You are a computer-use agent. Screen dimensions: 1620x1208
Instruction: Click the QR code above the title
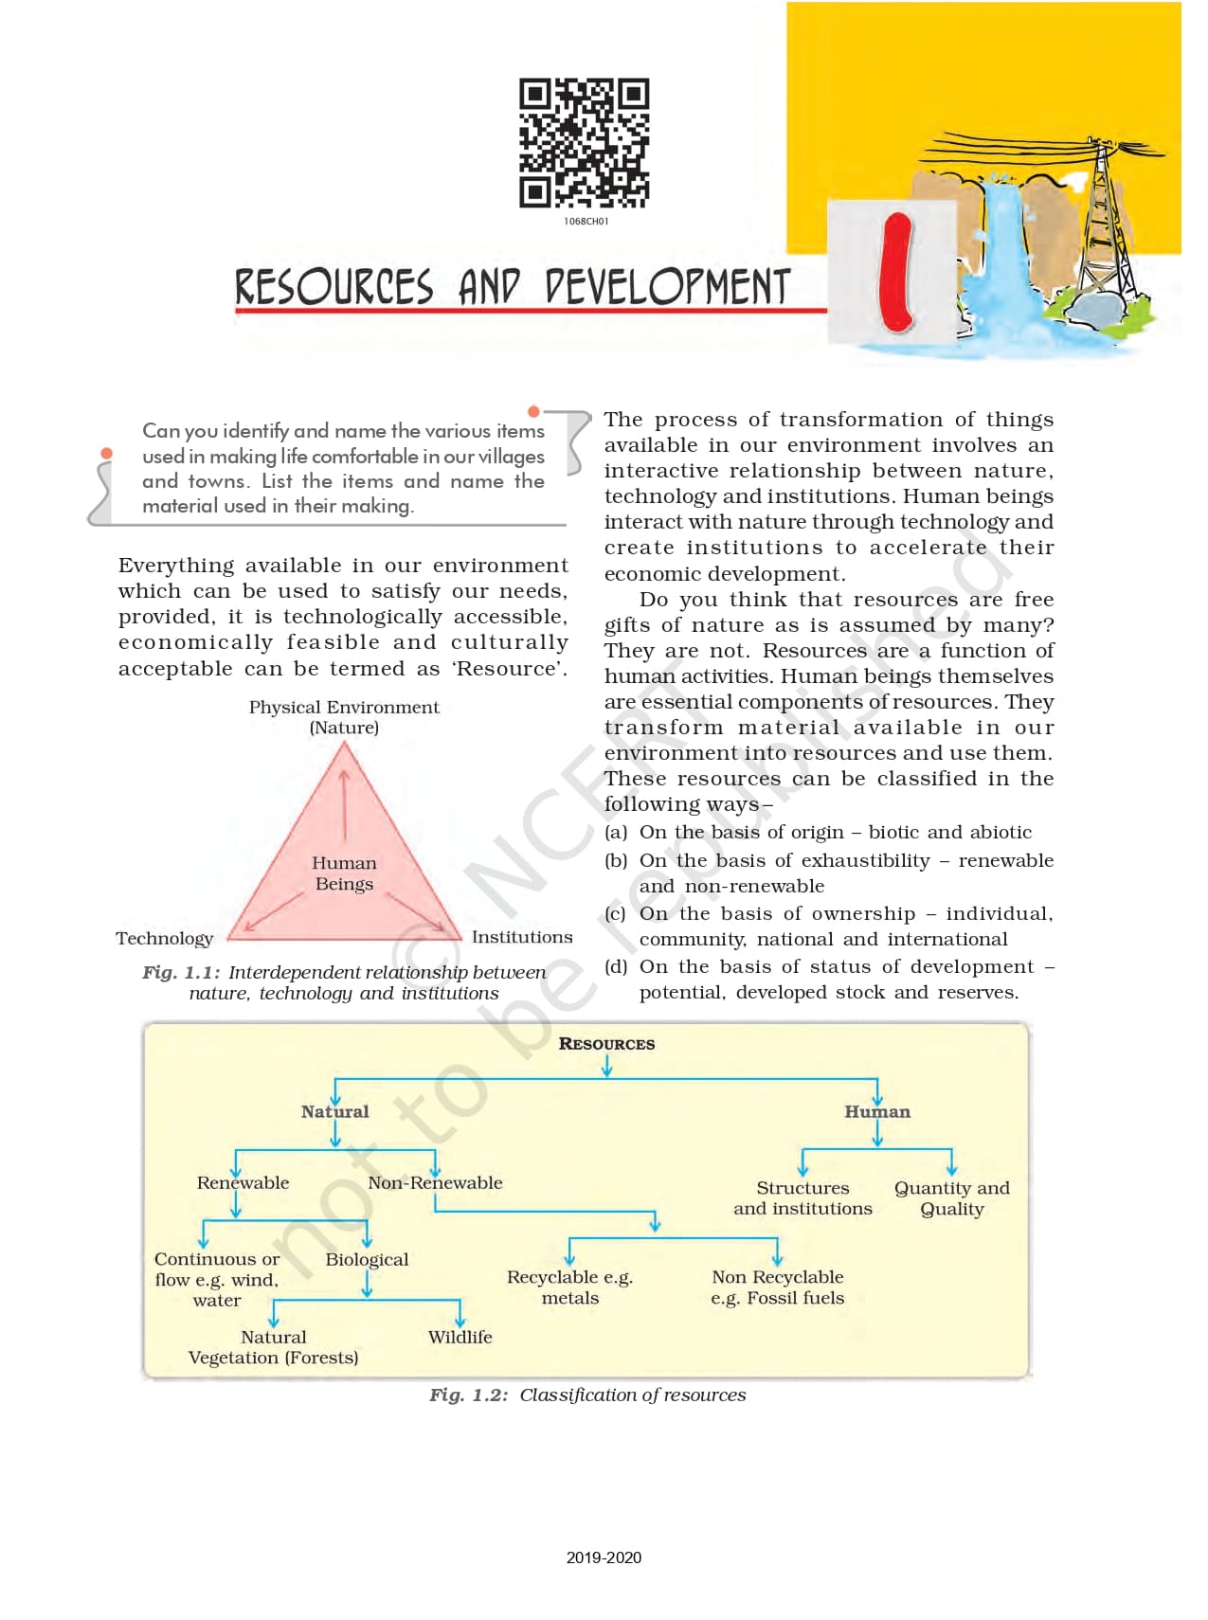point(584,143)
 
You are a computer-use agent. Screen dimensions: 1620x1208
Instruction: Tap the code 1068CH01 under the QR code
point(586,222)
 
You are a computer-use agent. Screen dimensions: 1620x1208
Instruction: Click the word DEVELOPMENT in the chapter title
point(667,287)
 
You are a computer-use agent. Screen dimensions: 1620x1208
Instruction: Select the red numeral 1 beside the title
point(894,273)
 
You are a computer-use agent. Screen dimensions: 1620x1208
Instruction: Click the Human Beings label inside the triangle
point(344,873)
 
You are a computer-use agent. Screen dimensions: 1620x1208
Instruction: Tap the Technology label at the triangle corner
point(165,938)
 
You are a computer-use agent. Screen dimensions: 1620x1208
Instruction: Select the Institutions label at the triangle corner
point(522,937)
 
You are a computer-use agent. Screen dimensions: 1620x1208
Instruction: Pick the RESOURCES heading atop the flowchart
point(606,1043)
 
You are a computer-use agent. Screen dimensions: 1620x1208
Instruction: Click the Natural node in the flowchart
point(334,1111)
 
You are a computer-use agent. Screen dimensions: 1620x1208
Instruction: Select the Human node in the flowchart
point(877,1111)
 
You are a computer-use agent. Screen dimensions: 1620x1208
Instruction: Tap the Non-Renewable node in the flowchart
point(435,1182)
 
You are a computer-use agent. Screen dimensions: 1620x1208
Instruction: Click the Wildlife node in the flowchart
point(460,1337)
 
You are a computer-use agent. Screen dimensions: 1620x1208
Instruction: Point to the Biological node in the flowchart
point(367,1259)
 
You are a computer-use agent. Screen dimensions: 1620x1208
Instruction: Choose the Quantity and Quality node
point(951,1198)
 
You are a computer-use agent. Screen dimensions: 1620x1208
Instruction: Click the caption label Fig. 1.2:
point(468,1395)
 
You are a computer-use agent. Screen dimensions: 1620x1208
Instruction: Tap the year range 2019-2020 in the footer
point(604,1557)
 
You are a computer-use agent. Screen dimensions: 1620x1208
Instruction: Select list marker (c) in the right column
point(615,913)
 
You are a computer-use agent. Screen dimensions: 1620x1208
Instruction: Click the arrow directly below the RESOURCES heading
point(606,1067)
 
